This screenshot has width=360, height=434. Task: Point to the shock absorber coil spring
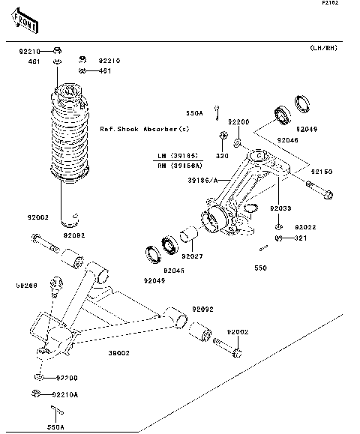[x=70, y=139]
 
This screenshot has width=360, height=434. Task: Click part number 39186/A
[x=202, y=180]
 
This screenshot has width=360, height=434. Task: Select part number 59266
[x=27, y=285]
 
